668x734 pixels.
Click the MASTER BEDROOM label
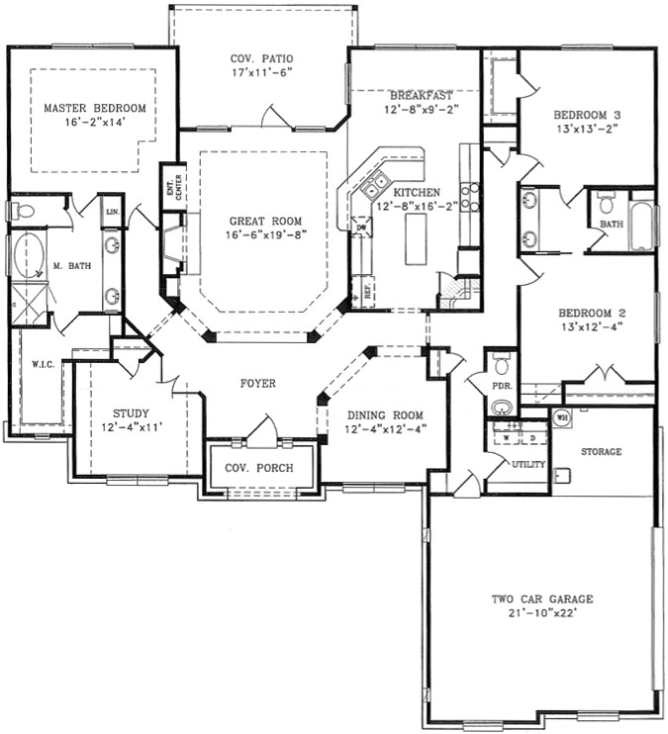pyautogui.click(x=95, y=108)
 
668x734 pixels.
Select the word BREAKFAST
pyautogui.click(x=421, y=95)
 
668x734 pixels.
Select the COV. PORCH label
pyautogui.click(x=258, y=468)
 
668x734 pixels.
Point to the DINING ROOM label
pyautogui.click(x=385, y=414)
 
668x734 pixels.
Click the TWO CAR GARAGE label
pyautogui.click(x=542, y=599)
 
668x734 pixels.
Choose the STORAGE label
pyautogui.click(x=602, y=451)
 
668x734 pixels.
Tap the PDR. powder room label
pyautogui.click(x=502, y=386)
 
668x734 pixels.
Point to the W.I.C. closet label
pyautogui.click(x=43, y=364)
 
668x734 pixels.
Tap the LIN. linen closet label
pyautogui.click(x=111, y=211)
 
